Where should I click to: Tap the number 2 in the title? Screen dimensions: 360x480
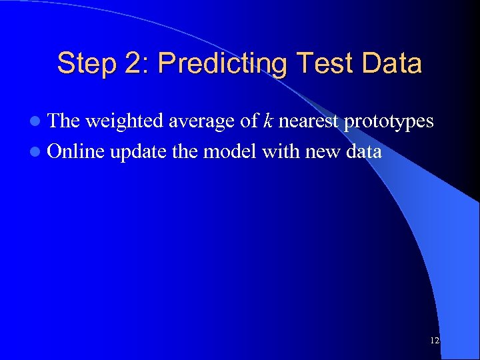coord(131,64)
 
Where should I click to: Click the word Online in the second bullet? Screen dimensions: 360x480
coord(77,152)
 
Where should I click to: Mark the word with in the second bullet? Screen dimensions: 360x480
coord(281,152)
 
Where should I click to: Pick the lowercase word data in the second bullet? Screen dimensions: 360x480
coord(363,152)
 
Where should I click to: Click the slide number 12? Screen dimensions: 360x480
coord(435,341)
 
